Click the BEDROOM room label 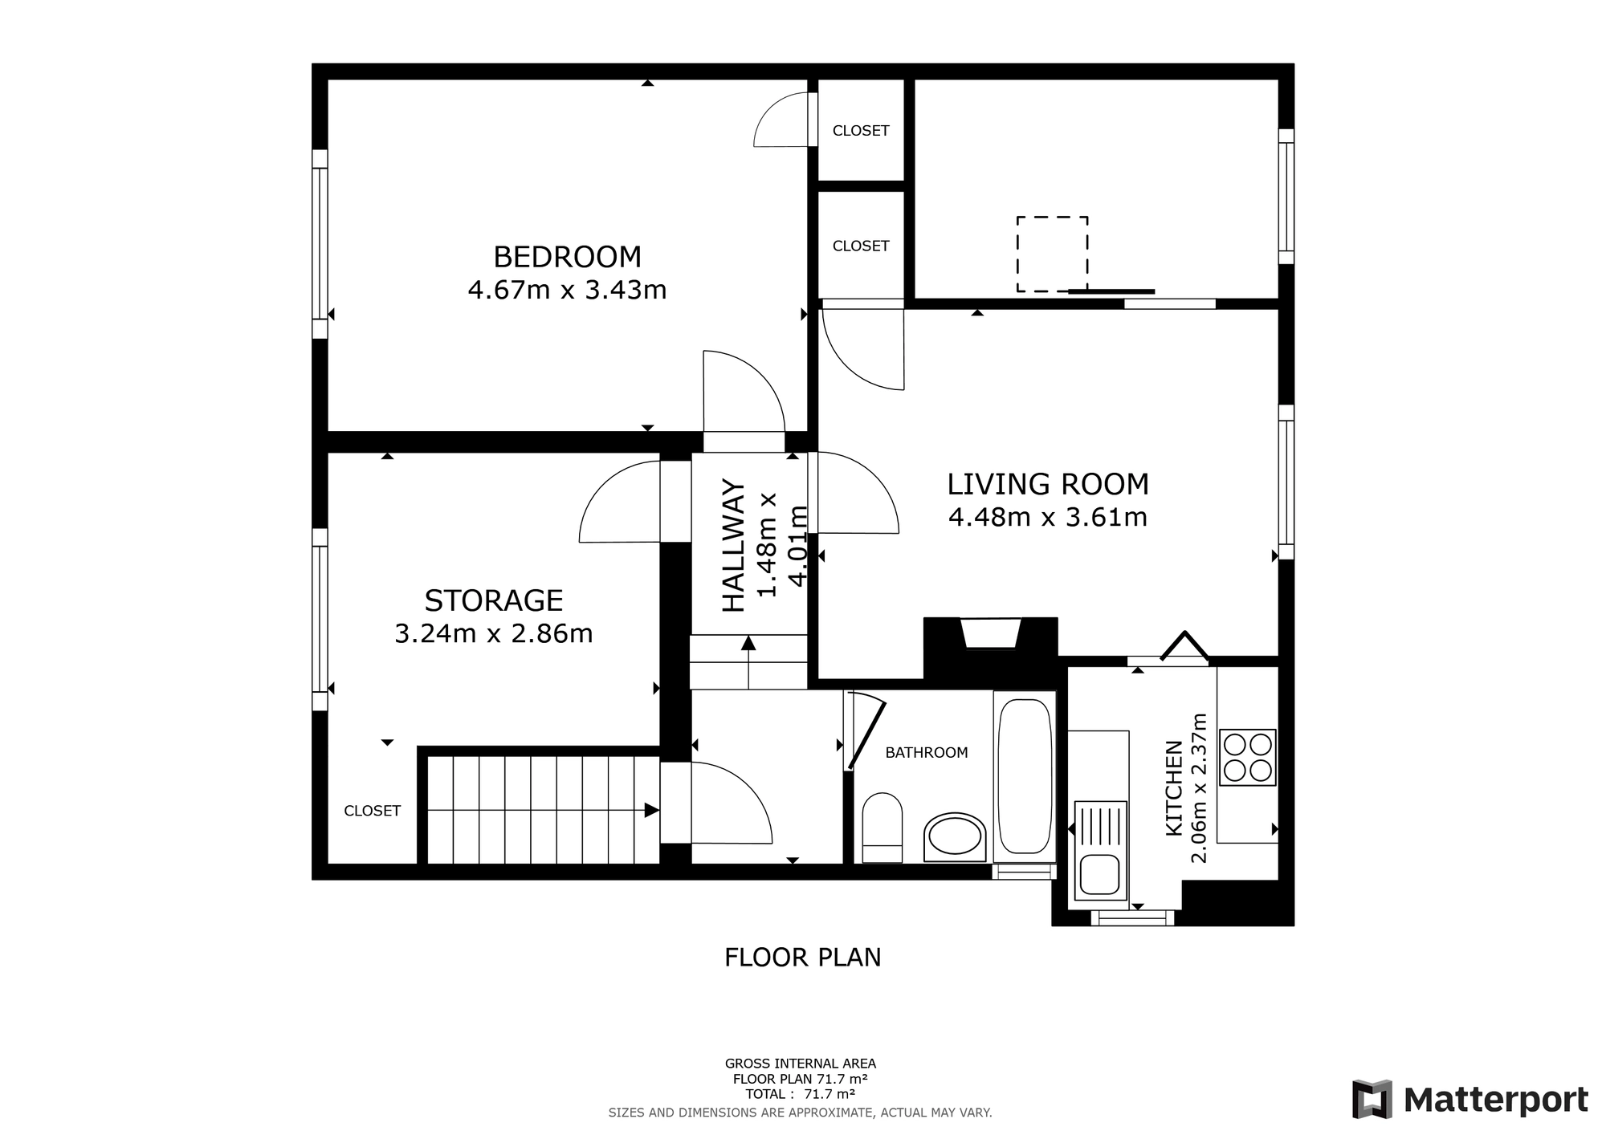(567, 257)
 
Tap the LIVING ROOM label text (1048, 484)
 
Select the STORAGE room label (494, 600)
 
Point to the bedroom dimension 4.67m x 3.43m (567, 290)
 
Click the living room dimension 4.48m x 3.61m (1048, 517)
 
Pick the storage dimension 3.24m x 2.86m (494, 633)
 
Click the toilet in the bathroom (882, 828)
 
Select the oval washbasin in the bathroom (955, 837)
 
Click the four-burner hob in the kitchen (1247, 757)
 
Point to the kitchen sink (1098, 851)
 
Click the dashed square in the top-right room (1052, 254)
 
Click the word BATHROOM (927, 753)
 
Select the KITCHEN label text (1174, 787)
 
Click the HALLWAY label (734, 546)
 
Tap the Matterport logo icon (1372, 1099)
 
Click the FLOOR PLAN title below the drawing (803, 958)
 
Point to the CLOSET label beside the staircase (372, 812)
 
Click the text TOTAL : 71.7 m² (800, 1094)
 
